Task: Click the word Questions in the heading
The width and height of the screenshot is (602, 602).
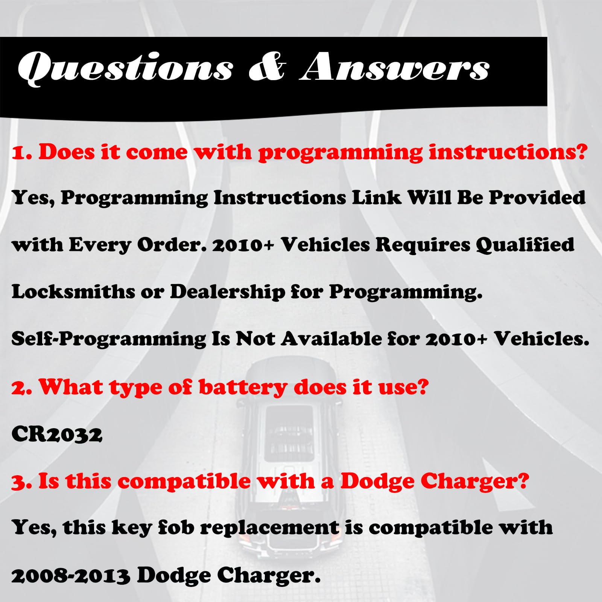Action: tap(125, 68)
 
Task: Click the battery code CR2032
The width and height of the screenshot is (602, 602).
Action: tap(57, 435)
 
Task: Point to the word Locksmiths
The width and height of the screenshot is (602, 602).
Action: tap(73, 292)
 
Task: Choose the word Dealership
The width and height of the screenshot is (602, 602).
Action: tap(228, 292)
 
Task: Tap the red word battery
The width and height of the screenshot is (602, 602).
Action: tap(243, 388)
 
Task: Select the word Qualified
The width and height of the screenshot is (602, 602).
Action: tap(525, 245)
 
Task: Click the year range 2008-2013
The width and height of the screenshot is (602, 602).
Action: tap(71, 576)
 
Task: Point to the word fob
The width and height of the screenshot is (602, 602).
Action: tap(176, 527)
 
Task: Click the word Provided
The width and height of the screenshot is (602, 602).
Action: tap(537, 198)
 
